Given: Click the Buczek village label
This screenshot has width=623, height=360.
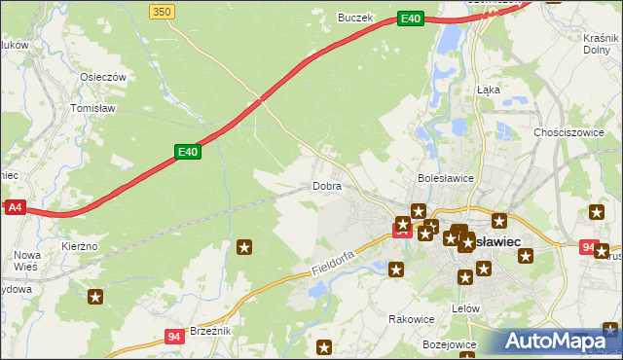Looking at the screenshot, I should [355, 18].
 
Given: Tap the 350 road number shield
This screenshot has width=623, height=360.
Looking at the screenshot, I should [163, 11].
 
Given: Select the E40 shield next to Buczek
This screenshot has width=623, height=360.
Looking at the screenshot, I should [411, 18].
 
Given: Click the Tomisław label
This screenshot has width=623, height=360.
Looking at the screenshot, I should [93, 109].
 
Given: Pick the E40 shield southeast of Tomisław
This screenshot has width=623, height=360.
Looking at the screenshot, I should [188, 151].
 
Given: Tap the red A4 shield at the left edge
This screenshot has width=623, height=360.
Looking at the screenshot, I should [14, 207].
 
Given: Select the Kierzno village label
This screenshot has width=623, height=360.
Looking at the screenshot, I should [80, 247].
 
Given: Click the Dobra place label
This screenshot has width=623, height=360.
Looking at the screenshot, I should [326, 186].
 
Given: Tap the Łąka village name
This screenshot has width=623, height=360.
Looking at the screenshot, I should [488, 89].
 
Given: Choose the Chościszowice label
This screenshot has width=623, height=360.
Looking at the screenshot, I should [570, 131].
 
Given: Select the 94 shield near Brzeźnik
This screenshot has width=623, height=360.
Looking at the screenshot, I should [174, 337].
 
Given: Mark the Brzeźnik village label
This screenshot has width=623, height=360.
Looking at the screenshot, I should [210, 331].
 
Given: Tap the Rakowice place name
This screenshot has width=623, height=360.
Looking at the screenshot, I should [411, 318].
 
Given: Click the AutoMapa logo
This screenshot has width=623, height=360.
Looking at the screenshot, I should [560, 341].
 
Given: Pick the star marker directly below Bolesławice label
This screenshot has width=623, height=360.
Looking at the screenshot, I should [419, 211].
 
